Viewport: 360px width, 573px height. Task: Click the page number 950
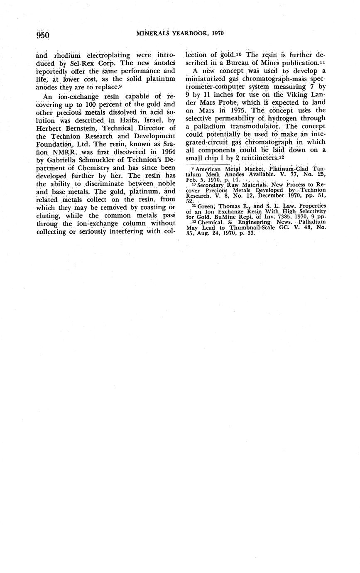click(x=43, y=35)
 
